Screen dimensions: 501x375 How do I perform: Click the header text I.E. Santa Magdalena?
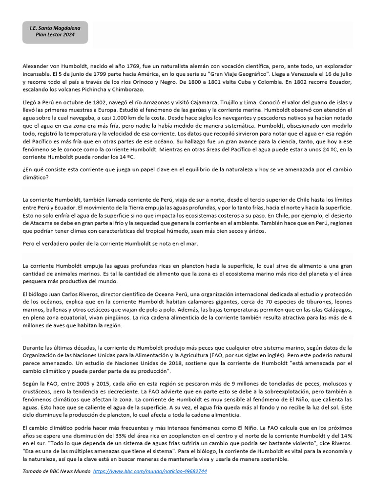coord(55,28)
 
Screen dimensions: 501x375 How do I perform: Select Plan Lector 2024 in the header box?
coord(55,36)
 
